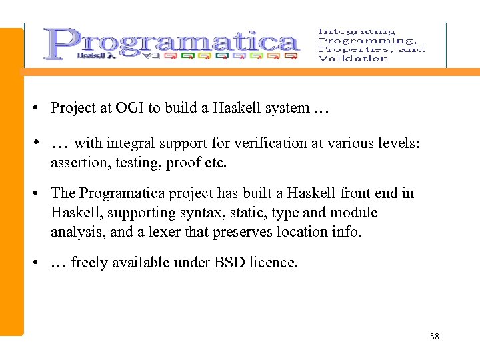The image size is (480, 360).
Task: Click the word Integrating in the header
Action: click(x=357, y=31)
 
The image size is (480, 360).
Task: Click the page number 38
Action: click(x=435, y=336)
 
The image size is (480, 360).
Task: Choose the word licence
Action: click(x=273, y=263)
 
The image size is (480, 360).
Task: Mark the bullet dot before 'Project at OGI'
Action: click(x=33, y=108)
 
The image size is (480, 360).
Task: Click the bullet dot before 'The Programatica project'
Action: click(x=33, y=194)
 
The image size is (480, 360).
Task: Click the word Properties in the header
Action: click(x=349, y=49)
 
